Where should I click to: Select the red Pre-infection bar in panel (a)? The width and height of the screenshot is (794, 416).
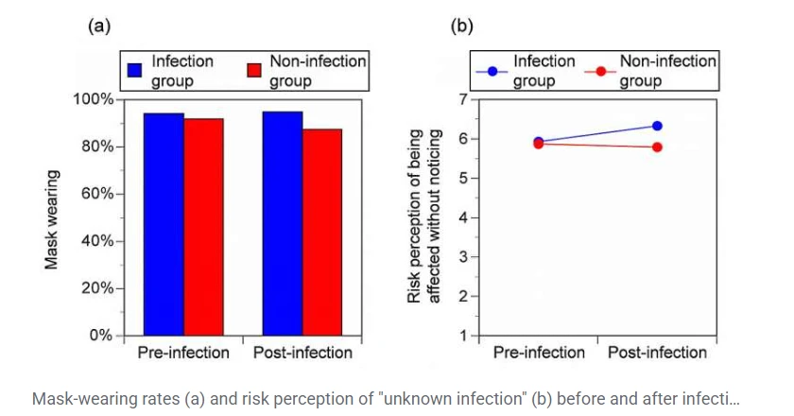point(203,227)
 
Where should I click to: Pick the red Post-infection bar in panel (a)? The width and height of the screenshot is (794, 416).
point(322,232)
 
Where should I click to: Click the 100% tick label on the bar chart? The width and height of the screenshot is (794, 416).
point(94,99)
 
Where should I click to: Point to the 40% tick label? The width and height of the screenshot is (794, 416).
point(97,241)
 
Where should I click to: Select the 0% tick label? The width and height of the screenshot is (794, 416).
point(101,336)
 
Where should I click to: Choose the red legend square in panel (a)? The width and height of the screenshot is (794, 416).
point(253,71)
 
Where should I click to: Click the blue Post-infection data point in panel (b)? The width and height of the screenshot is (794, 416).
point(657,126)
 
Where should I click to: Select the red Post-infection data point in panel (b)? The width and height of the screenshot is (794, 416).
point(657,147)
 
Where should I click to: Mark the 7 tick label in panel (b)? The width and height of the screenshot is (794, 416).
point(461,99)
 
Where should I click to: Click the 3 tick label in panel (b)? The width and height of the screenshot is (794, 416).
point(461,257)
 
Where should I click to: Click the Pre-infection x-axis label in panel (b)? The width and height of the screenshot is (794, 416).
point(539,353)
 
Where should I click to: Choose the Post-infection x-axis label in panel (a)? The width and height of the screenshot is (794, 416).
point(302,353)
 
